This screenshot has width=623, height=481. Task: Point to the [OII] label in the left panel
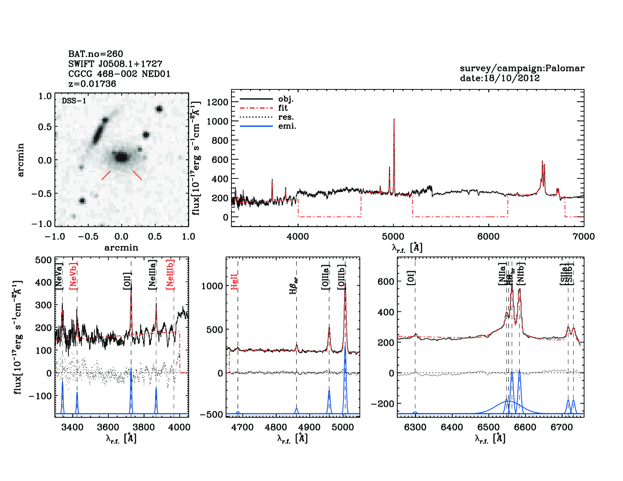(x=127, y=281)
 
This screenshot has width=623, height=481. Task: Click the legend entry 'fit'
(x=283, y=108)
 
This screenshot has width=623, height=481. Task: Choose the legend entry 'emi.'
(x=287, y=126)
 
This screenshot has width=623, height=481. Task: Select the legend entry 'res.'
(x=286, y=117)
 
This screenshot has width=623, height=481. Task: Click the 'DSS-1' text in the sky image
(x=74, y=101)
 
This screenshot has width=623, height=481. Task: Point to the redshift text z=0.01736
(x=92, y=84)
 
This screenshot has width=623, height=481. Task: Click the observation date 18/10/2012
(x=500, y=78)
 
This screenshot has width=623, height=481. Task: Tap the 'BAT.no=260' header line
(x=96, y=54)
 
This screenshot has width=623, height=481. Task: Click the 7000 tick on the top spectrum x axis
(x=584, y=237)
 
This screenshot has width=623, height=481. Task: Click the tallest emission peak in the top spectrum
(x=394, y=120)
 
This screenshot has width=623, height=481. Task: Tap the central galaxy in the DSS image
(x=121, y=157)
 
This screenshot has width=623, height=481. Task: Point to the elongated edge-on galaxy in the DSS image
(x=99, y=131)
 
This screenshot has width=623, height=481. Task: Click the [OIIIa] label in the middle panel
(x=325, y=277)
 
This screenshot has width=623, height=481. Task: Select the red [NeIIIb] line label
(x=170, y=274)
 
